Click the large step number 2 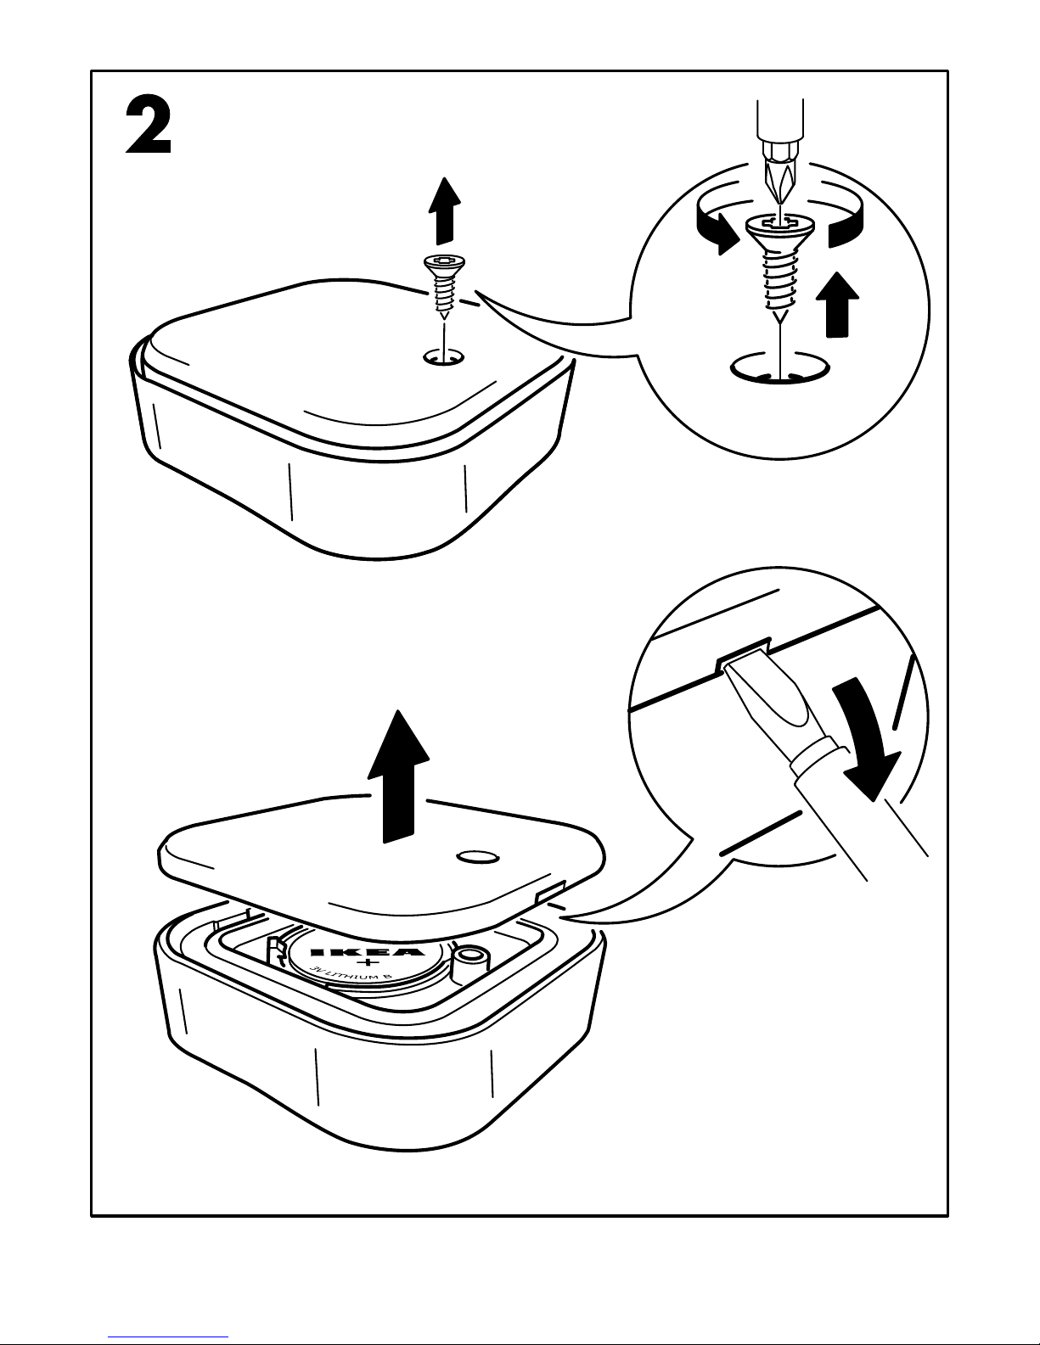click(149, 126)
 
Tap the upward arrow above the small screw click(445, 210)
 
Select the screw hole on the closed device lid click(444, 358)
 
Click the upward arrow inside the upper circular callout click(837, 305)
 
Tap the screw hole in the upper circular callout click(780, 369)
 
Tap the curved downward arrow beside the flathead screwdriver click(864, 737)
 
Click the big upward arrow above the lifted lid click(398, 776)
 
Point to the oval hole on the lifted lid click(478, 856)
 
